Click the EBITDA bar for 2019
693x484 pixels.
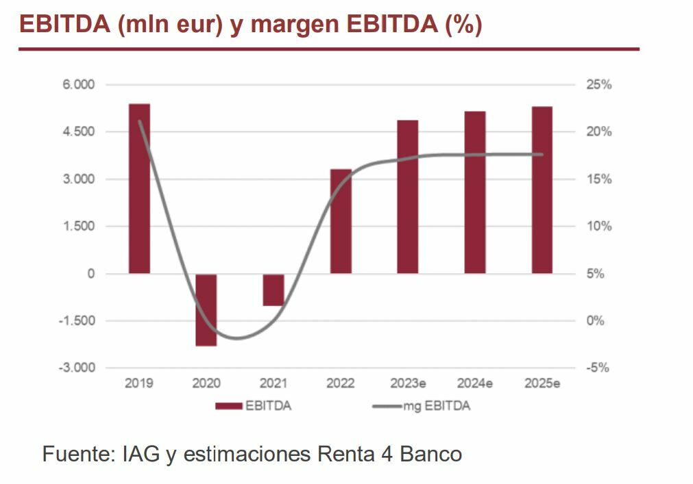tap(139, 189)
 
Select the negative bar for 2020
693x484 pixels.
tap(206, 309)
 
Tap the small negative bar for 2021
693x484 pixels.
tap(273, 290)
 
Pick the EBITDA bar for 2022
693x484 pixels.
tap(341, 221)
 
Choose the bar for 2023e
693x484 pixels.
tap(407, 197)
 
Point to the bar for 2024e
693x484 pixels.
tap(474, 192)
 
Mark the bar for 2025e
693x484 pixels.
tap(542, 190)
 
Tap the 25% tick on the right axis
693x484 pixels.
tap(598, 85)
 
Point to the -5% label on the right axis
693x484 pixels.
tap(598, 368)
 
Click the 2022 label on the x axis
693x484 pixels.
tap(341, 383)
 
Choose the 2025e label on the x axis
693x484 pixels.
tap(542, 383)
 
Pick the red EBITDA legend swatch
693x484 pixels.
tap(229, 406)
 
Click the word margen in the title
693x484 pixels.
tap(298, 25)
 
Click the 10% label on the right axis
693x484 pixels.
tap(598, 227)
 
